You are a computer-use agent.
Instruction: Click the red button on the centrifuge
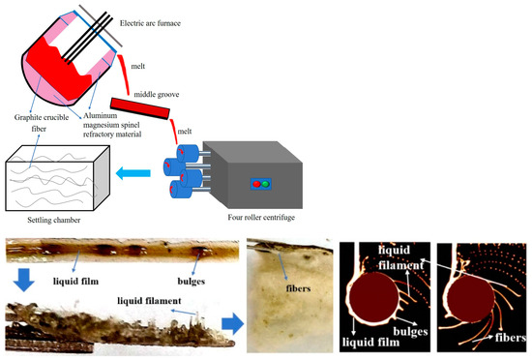tap(254, 156)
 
